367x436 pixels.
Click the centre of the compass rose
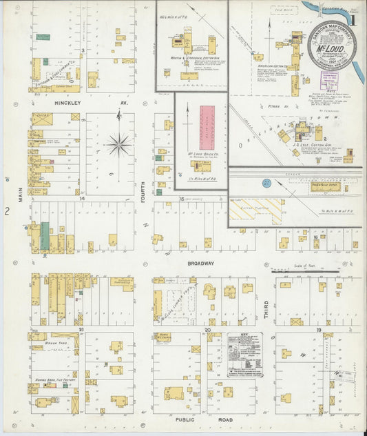tap(119, 144)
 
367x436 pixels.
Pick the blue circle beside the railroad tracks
tap(266, 182)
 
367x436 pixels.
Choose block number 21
tap(81, 330)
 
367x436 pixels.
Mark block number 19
tap(319, 330)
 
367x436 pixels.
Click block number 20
tap(207, 330)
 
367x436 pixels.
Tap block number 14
tap(81, 198)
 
